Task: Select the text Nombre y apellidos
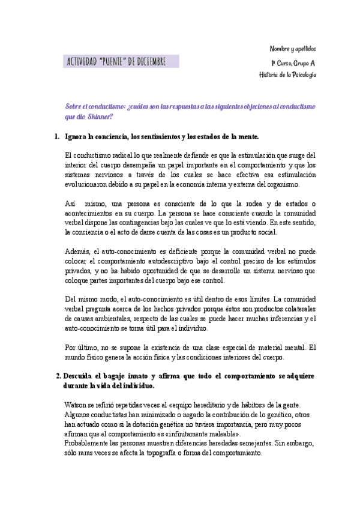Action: coord(292,49)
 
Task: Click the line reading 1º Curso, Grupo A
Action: coord(293,63)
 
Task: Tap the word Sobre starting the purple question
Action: coord(74,106)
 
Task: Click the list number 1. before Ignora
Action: coord(57,137)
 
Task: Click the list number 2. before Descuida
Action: coord(58,376)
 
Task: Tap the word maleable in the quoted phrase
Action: coord(219,434)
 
